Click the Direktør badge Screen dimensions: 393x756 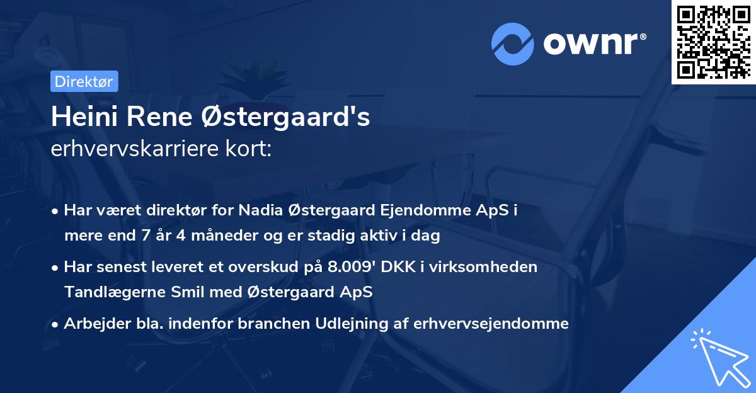pyautogui.click(x=83, y=81)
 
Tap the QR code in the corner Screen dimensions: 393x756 pyautogui.click(x=713, y=42)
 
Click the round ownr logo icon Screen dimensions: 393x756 pyautogui.click(x=513, y=43)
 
